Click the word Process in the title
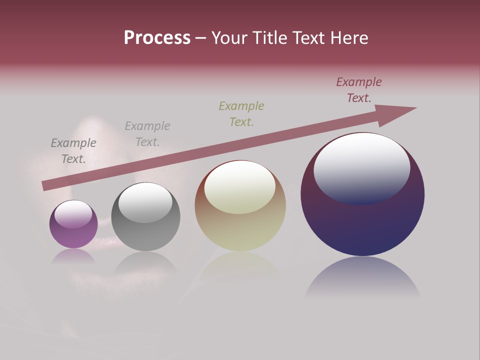157,38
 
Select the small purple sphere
73,230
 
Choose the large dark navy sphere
362,220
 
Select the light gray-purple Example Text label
147,134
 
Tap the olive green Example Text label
241,114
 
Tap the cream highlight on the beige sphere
240,187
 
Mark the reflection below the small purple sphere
73,257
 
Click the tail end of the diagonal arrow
46,185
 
